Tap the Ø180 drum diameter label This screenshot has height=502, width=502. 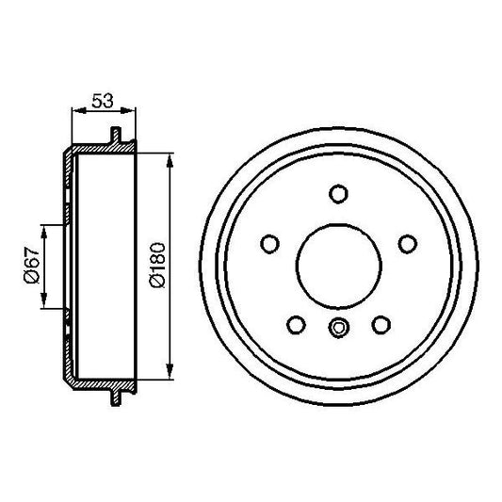(156, 267)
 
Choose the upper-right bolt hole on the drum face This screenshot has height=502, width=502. (407, 244)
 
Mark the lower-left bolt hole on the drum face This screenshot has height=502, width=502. (296, 324)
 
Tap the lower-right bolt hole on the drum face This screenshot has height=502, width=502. (381, 324)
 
